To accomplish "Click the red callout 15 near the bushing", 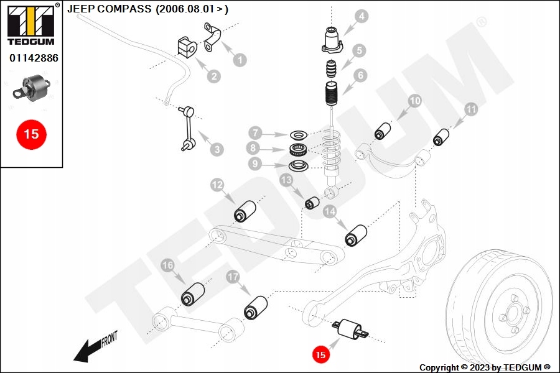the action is [x=320, y=354].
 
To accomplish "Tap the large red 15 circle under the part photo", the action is [x=32, y=134].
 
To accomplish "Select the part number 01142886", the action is [x=34, y=58].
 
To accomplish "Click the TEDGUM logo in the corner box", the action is [x=31, y=24].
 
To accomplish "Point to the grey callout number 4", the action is [x=362, y=16].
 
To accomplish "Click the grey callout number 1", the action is [x=240, y=60].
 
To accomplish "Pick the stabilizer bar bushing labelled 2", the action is [x=187, y=47].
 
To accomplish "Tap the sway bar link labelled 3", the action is [x=188, y=128].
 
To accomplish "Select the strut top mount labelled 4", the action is [x=332, y=40].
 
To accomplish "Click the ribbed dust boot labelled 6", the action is [x=332, y=94].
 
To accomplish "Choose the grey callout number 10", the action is [x=414, y=101].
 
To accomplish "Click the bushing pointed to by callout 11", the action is [x=441, y=137].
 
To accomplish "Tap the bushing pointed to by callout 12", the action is [x=245, y=211].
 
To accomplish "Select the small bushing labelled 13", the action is [x=312, y=203].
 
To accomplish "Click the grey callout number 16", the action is [x=167, y=265].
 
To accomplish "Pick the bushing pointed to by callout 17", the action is [x=256, y=307].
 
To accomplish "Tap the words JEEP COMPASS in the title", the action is [x=110, y=9].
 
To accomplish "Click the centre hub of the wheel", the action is [x=511, y=315].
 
